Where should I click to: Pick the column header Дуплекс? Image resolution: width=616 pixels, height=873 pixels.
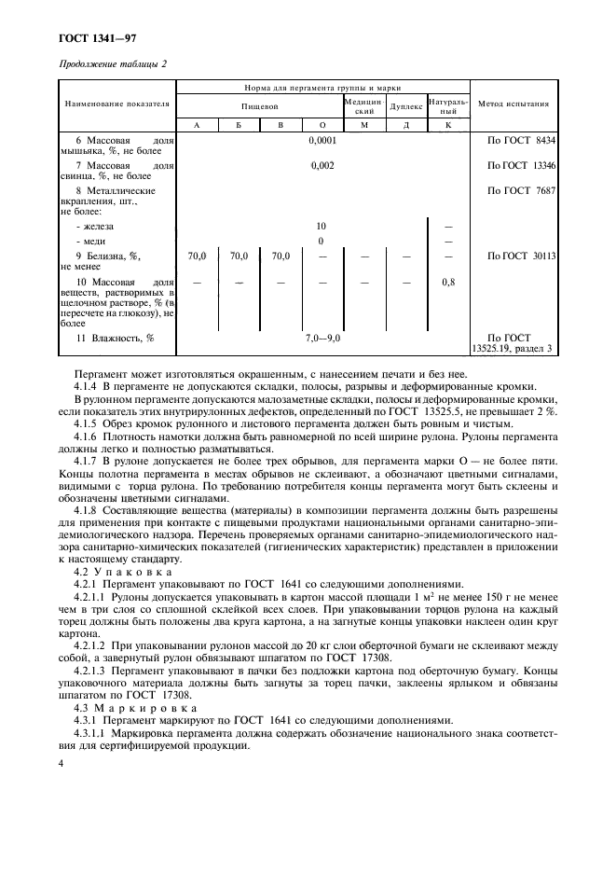405,104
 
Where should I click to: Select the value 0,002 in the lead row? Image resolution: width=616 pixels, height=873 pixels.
322,165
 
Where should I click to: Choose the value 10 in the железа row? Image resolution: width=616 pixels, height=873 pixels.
322,226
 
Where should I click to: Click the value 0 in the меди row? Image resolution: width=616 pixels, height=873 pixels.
322,241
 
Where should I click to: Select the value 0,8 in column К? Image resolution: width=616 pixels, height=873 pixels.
448,280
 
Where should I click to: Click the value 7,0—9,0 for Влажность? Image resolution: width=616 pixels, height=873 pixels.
322,338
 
